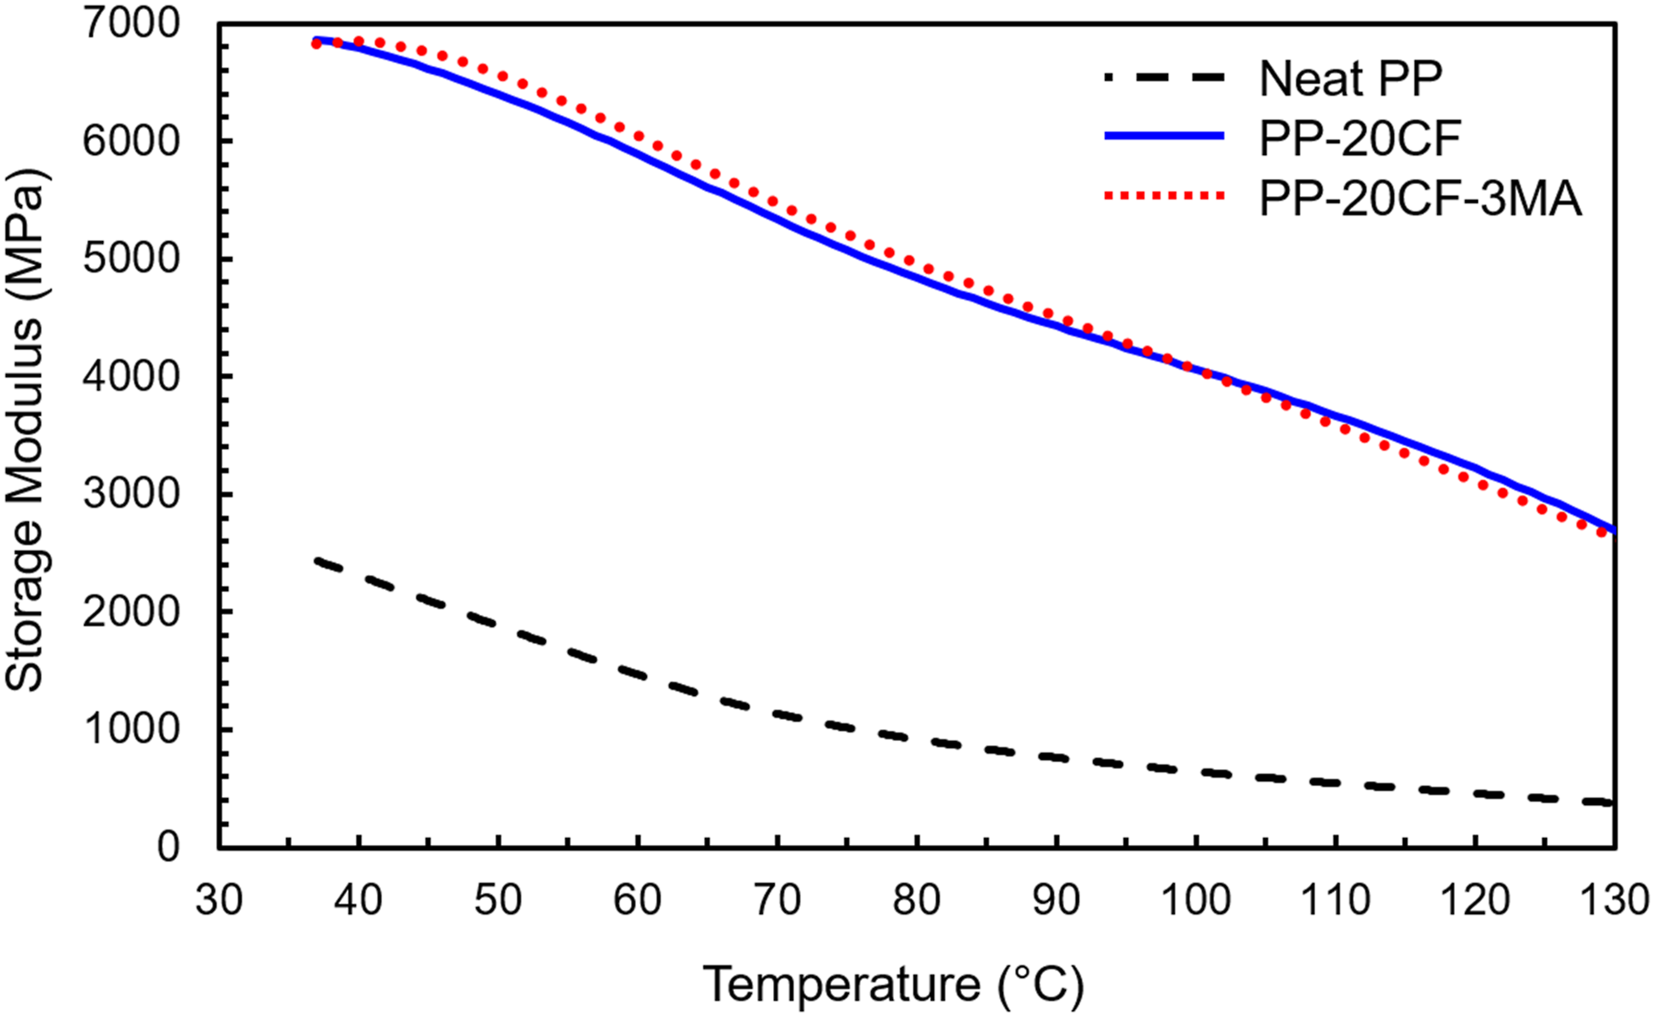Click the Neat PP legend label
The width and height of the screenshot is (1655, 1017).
pyautogui.click(x=1351, y=78)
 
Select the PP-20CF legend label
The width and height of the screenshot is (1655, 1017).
pyautogui.click(x=1360, y=137)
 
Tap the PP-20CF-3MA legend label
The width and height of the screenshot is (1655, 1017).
pyautogui.click(x=1420, y=198)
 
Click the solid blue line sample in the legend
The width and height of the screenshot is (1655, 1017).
pyautogui.click(x=1164, y=136)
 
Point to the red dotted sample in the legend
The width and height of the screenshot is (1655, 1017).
pyautogui.click(x=1164, y=197)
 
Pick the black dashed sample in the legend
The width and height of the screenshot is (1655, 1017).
pyautogui.click(x=1164, y=78)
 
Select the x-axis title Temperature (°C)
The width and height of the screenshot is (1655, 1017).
pyautogui.click(x=893, y=985)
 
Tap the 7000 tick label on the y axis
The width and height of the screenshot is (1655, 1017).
pyautogui.click(x=132, y=24)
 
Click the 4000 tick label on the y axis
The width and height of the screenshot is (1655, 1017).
pyautogui.click(x=132, y=376)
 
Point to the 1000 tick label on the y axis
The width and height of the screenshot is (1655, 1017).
pyautogui.click(x=132, y=729)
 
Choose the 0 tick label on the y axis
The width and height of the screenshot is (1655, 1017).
pyautogui.click(x=169, y=847)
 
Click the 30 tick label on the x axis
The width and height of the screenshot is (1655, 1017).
pyautogui.click(x=220, y=899)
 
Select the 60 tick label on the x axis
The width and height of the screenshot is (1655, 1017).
pyautogui.click(x=638, y=899)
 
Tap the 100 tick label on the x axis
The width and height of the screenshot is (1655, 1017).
pyautogui.click(x=1196, y=899)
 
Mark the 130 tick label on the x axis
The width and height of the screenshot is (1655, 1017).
pyautogui.click(x=1613, y=899)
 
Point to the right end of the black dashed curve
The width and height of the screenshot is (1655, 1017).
pyautogui.click(x=1612, y=802)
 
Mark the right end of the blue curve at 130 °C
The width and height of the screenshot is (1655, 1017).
pyautogui.click(x=1613, y=530)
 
